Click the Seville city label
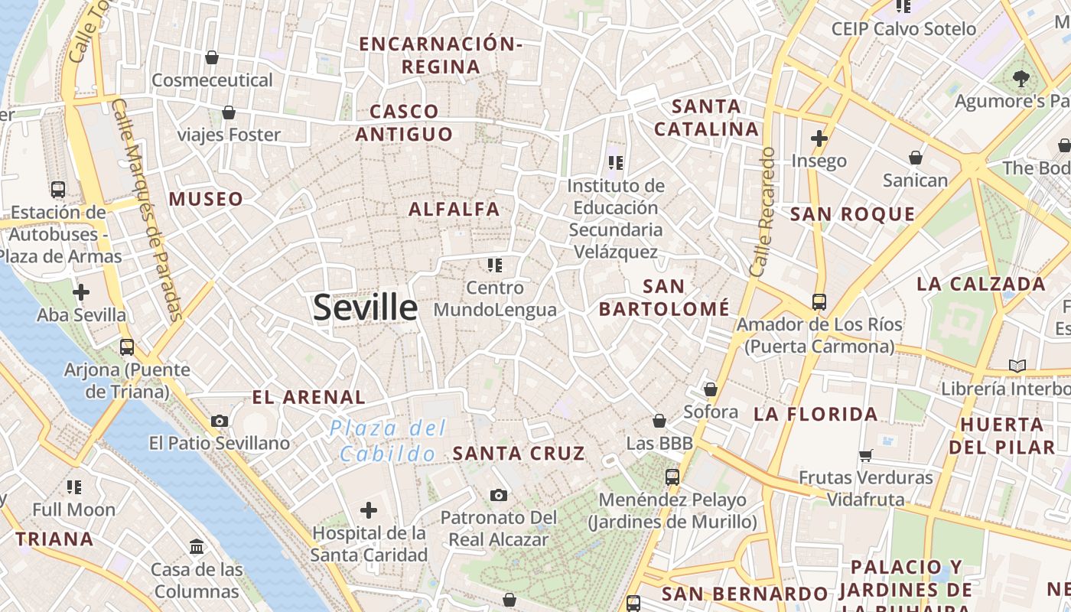[365, 308]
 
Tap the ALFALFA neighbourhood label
[454, 209]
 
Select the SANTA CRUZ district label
[519, 454]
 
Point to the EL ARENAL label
[309, 397]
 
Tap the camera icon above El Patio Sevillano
[220, 421]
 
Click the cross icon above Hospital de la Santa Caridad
[369, 510]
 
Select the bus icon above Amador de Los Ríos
[819, 301]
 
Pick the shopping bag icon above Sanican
[915, 158]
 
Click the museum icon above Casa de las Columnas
[197, 546]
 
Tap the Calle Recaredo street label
[763, 212]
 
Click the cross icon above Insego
[819, 138]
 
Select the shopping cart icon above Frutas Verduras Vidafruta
[866, 455]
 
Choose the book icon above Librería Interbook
[1017, 366]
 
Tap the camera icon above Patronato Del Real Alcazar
[499, 495]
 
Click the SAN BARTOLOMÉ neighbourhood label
[664, 298]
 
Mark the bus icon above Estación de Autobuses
[57, 189]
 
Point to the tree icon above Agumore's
[1021, 77]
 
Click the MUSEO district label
[206, 200]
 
